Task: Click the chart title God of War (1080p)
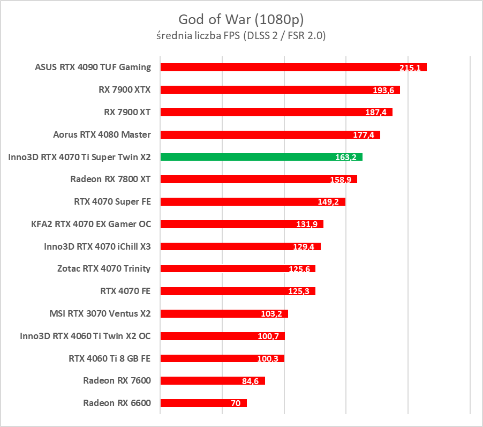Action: [241, 20]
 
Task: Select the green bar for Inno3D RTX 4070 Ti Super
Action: [261, 157]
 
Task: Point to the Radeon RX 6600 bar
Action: [203, 403]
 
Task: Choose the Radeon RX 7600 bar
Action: [212, 380]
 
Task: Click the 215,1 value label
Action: [410, 68]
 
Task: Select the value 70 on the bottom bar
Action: [236, 403]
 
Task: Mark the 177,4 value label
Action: [364, 135]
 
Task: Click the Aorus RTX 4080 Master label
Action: [102, 134]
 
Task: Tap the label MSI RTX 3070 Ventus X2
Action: [100, 313]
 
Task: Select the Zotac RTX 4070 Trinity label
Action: [104, 268]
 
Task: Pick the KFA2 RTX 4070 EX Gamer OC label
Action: [91, 224]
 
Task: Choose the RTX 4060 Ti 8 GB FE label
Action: [110, 358]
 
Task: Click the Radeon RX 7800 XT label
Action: [110, 179]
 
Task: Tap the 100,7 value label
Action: [268, 336]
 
